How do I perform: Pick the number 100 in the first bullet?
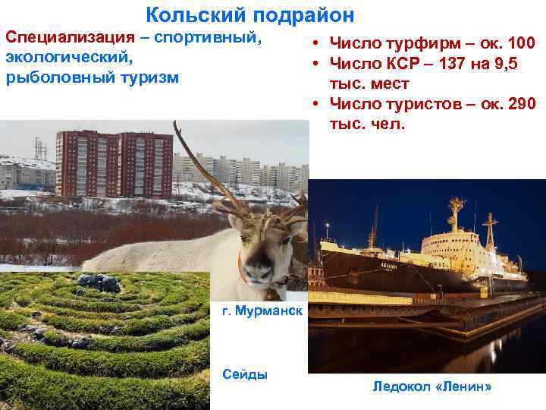click(519, 45)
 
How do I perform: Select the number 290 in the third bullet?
click(519, 104)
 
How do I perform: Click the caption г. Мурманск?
click(262, 311)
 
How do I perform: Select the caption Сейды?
click(245, 374)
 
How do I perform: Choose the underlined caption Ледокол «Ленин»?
click(432, 387)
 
